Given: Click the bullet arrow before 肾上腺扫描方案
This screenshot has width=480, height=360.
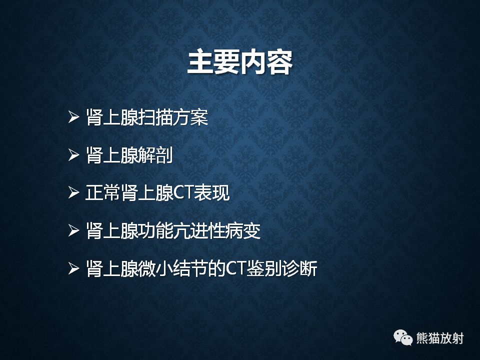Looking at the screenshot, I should tap(74, 118).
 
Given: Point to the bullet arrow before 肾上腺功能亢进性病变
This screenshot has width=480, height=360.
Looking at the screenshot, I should tap(74, 231).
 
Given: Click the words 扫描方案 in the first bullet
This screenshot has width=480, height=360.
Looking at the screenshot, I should tap(172, 118).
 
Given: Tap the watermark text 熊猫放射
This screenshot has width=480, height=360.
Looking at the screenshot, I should tap(440, 338).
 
